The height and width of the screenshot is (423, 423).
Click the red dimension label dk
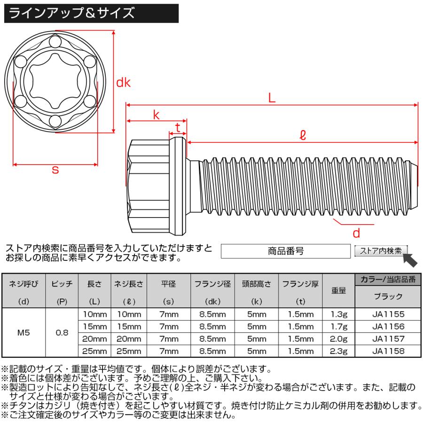tap(123, 83)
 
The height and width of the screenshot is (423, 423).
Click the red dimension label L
tap(272, 98)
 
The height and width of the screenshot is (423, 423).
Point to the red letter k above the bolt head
tap(156, 114)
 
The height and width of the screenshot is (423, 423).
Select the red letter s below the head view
tap(55, 170)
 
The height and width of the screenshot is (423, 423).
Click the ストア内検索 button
tap(381, 251)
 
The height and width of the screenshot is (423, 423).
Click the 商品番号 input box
tap(285, 251)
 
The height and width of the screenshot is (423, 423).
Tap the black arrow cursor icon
tap(410, 259)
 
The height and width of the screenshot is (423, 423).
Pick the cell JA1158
tap(388, 351)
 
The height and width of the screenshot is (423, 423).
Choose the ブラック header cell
tap(388, 297)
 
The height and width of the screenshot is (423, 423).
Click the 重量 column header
tap(339, 290)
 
